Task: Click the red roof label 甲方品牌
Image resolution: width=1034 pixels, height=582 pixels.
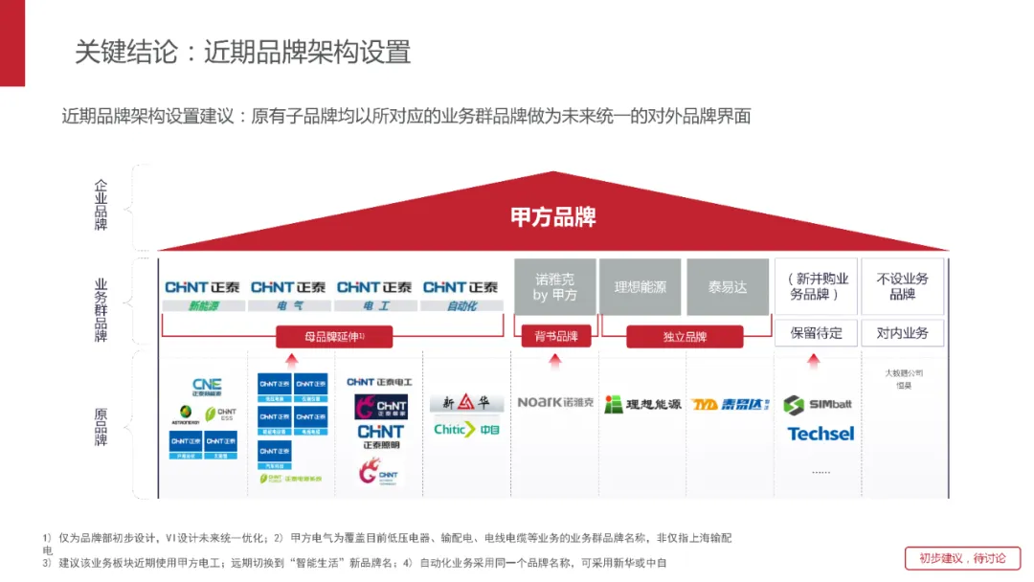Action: (553, 217)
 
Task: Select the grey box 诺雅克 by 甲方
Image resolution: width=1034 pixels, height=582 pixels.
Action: (555, 287)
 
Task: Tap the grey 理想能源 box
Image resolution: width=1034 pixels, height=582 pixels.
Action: (641, 287)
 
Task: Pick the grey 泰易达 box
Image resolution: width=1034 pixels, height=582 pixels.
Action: (728, 287)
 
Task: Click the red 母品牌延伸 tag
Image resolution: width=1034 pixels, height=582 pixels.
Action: (334, 337)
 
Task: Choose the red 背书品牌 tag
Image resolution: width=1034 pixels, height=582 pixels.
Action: (555, 337)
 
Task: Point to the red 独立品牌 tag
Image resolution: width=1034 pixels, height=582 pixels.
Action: (685, 337)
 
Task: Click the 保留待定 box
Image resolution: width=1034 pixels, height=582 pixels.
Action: (816, 333)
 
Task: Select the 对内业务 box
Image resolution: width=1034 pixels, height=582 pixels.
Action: (902, 333)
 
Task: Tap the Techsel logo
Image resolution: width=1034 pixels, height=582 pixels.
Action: (820, 434)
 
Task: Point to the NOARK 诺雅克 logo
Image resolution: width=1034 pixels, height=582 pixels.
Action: (555, 402)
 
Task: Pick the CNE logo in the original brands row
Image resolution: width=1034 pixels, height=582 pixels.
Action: (206, 386)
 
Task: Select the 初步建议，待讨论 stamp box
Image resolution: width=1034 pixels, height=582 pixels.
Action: (962, 558)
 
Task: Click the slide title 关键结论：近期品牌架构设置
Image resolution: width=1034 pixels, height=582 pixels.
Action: (243, 51)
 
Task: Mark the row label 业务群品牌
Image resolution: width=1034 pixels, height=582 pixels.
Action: (101, 309)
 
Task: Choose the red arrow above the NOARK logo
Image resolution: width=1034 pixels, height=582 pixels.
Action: (554, 361)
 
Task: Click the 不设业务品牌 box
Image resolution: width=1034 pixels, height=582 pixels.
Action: (902, 286)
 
